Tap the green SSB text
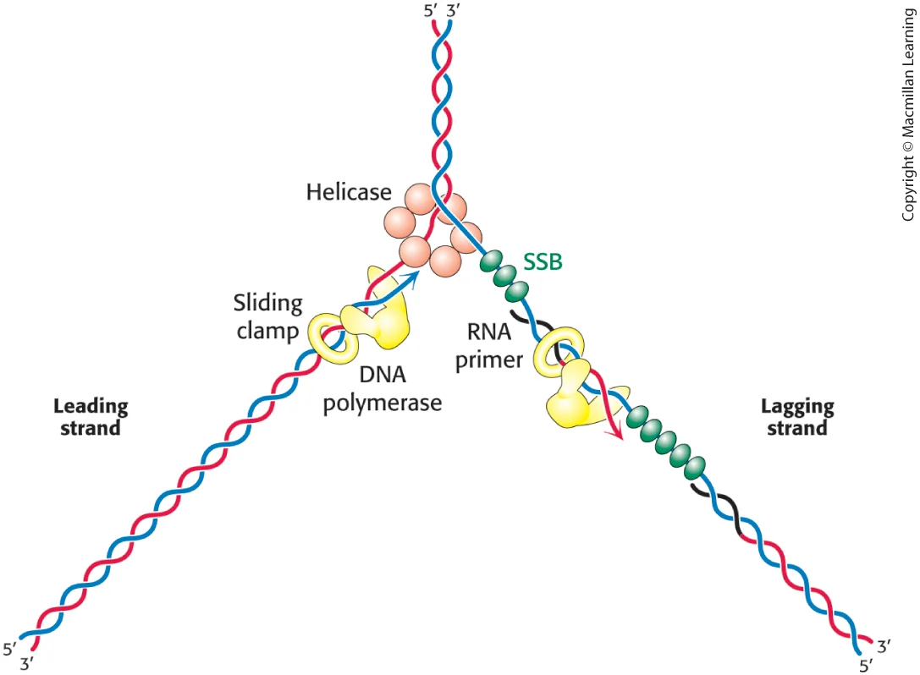click(543, 261)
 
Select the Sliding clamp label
click(268, 316)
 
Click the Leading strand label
click(91, 416)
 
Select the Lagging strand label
click(797, 416)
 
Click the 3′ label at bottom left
click(26, 664)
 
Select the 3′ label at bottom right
click(884, 647)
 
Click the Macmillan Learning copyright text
click(908, 114)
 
